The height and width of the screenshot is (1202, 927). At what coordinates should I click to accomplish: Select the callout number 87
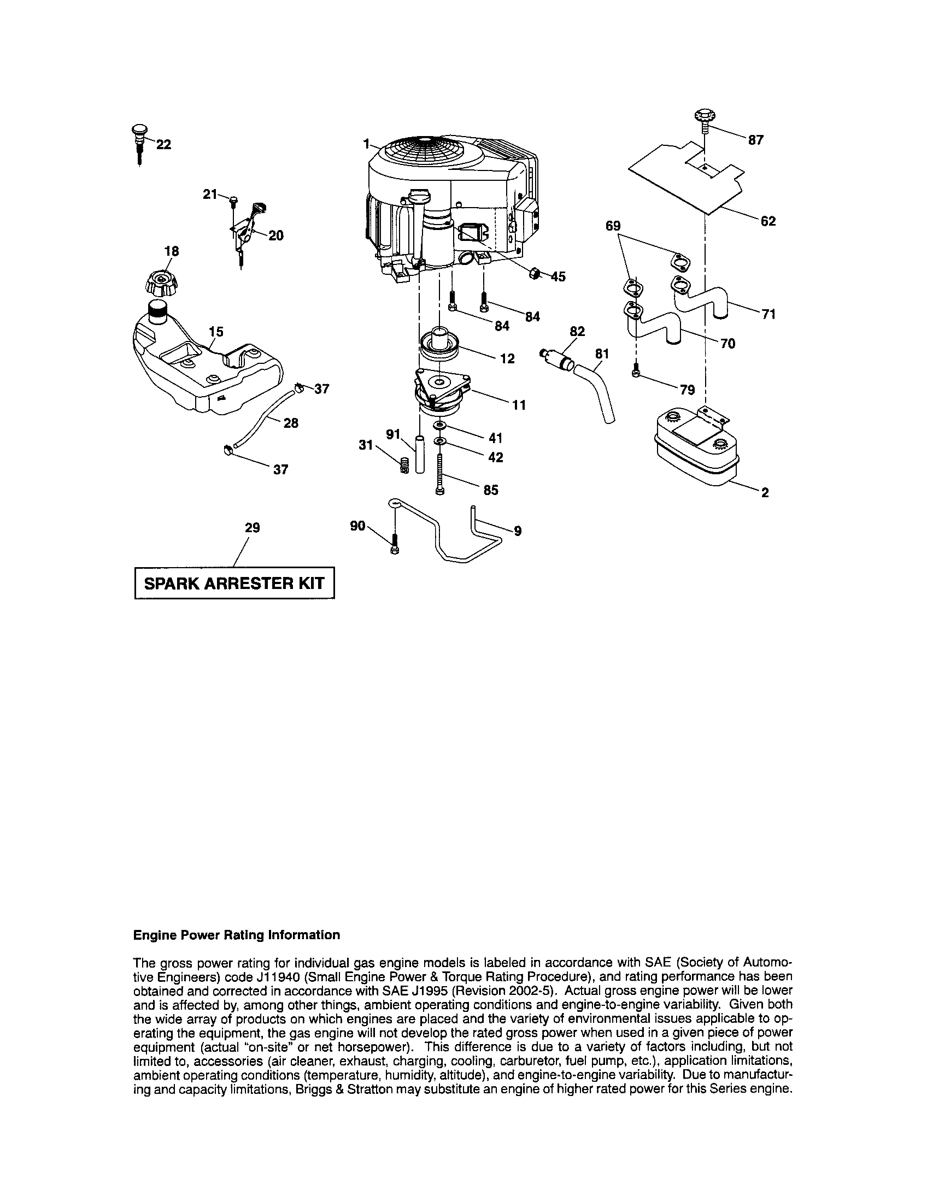[756, 140]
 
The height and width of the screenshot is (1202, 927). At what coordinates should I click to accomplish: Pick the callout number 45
[558, 276]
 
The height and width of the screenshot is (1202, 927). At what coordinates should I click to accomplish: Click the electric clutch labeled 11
[442, 391]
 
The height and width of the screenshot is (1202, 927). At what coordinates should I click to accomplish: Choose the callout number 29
[252, 527]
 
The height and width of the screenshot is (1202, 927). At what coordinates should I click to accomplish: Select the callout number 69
[613, 226]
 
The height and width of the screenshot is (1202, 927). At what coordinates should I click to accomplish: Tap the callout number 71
[768, 314]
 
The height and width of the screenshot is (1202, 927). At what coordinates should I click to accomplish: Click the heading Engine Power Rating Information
[237, 935]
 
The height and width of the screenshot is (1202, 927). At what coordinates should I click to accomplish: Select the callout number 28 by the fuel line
[290, 423]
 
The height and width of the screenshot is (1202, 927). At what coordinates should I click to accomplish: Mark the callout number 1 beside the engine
[366, 143]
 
